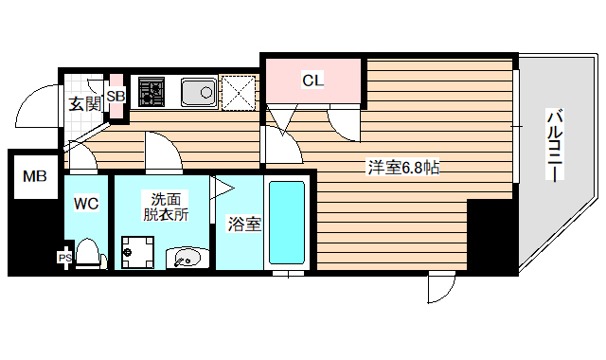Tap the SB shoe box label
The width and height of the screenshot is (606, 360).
tap(116, 97)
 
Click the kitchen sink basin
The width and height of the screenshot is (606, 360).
tap(198, 92)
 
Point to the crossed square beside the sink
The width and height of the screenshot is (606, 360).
tap(240, 92)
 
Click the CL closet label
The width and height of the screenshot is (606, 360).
tap(313, 81)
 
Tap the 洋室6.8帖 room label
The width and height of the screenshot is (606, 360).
tap(402, 168)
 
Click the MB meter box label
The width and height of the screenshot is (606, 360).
tap(34, 176)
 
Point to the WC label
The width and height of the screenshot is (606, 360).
tap(86, 202)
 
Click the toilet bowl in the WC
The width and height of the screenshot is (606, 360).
tap(88, 253)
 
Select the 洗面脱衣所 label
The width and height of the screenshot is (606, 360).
tap(165, 206)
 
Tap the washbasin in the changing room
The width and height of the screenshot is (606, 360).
tap(187, 257)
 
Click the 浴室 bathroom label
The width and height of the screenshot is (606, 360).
tap(243, 225)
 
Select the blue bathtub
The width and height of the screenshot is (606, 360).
tap(286, 222)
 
